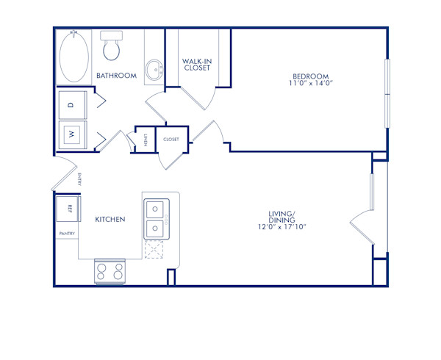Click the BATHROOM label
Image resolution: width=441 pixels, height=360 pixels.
click(116, 76)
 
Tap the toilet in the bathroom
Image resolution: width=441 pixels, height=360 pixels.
click(112, 47)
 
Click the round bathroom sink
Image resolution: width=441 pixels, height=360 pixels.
click(154, 71)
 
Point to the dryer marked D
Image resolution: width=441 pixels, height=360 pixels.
click(71, 105)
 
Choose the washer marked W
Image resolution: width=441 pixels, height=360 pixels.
click(71, 134)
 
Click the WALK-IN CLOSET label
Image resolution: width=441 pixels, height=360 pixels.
click(196, 64)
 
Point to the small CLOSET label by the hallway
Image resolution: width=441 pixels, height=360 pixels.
click(171, 138)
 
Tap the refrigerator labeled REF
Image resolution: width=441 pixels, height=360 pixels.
click(71, 209)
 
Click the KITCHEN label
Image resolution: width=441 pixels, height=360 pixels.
click(110, 219)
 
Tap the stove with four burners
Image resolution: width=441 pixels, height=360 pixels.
click(112, 272)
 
